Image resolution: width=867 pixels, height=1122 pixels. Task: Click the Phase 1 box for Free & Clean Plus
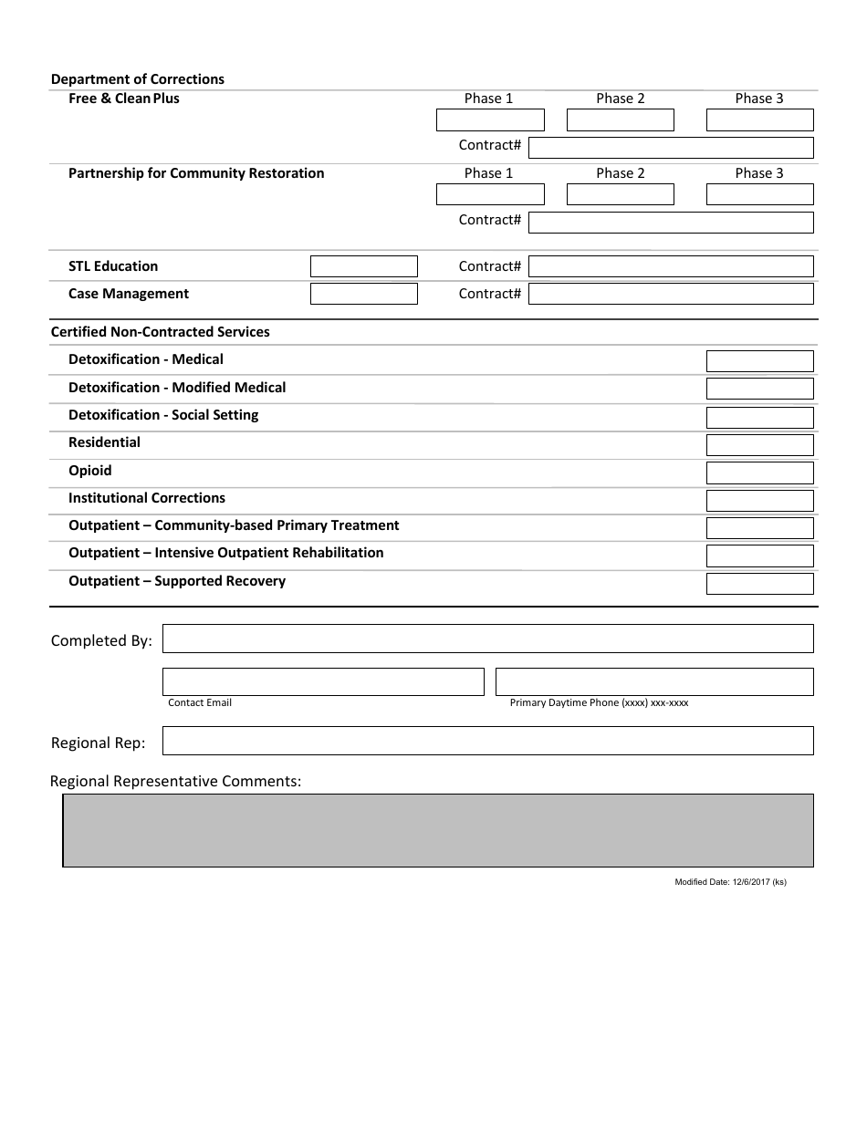click(490, 120)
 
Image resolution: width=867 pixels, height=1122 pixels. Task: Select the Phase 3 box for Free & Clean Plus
click(759, 120)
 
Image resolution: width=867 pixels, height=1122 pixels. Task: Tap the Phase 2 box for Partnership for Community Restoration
click(620, 194)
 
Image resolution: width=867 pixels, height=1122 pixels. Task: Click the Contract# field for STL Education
click(671, 266)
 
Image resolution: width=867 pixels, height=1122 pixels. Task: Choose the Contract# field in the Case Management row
click(671, 294)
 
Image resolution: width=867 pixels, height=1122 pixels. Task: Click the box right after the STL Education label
click(363, 266)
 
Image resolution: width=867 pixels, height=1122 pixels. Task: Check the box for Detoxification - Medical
click(759, 361)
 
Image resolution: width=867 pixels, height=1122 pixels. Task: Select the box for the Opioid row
click(759, 473)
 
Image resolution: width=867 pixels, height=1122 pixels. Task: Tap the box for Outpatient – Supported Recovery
click(759, 584)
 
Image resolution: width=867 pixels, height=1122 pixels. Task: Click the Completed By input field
click(487, 639)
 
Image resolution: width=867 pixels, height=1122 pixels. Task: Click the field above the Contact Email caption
click(323, 681)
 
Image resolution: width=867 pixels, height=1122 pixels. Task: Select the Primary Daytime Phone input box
click(653, 681)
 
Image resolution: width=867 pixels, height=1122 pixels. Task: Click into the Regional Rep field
click(487, 741)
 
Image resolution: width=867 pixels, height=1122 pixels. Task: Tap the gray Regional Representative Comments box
click(438, 830)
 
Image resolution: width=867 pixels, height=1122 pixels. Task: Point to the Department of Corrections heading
click(138, 79)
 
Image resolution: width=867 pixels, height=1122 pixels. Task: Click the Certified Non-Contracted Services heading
click(161, 332)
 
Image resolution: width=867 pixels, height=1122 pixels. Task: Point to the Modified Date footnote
click(730, 882)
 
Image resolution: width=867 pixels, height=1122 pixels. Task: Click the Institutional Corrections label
click(147, 498)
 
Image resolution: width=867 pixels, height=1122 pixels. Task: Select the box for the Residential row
click(759, 445)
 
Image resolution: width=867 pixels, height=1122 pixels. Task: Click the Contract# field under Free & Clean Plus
click(671, 148)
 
